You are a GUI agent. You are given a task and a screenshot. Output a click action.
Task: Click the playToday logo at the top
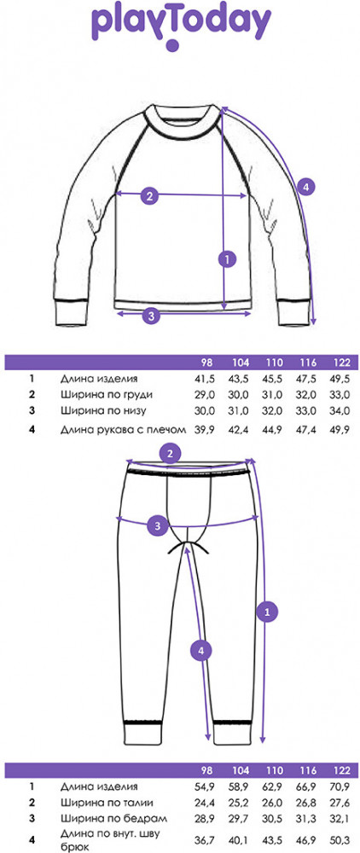pos(181,26)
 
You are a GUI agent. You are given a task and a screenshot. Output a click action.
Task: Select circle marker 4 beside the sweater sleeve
pos(306,187)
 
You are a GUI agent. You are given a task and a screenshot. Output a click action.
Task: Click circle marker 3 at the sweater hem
pos(152,314)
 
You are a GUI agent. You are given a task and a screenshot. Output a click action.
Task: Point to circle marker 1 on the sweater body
pos(226,259)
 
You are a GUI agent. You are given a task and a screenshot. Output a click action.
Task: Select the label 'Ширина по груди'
pos(107,395)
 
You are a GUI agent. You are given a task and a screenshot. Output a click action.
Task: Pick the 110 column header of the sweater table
pos(274,363)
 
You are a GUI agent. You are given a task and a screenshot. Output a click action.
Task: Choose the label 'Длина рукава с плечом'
pos(124,430)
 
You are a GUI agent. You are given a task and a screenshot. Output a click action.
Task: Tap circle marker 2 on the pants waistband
pos(171,454)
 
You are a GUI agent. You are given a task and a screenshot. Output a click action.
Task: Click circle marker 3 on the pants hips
pos(157,526)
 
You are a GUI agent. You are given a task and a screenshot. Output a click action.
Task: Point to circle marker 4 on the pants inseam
pos(200,650)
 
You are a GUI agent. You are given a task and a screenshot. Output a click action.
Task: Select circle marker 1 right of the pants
pos(266,612)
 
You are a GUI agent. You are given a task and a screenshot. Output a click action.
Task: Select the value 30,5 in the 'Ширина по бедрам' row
pos(274,819)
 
